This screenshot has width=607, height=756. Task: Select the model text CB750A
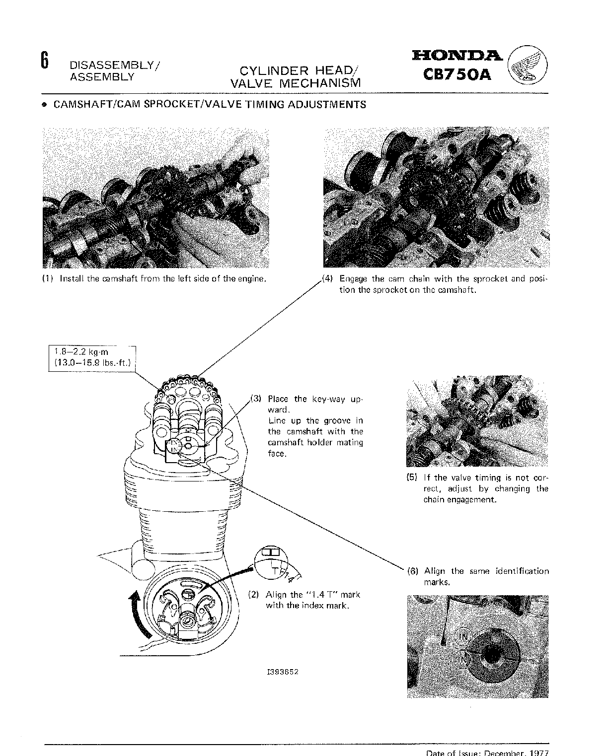tap(457, 74)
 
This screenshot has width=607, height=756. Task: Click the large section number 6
tap(44, 61)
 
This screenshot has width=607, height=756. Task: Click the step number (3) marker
tap(255, 399)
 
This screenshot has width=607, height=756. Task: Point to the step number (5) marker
tap(412, 478)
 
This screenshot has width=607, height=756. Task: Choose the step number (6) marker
tap(412, 571)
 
